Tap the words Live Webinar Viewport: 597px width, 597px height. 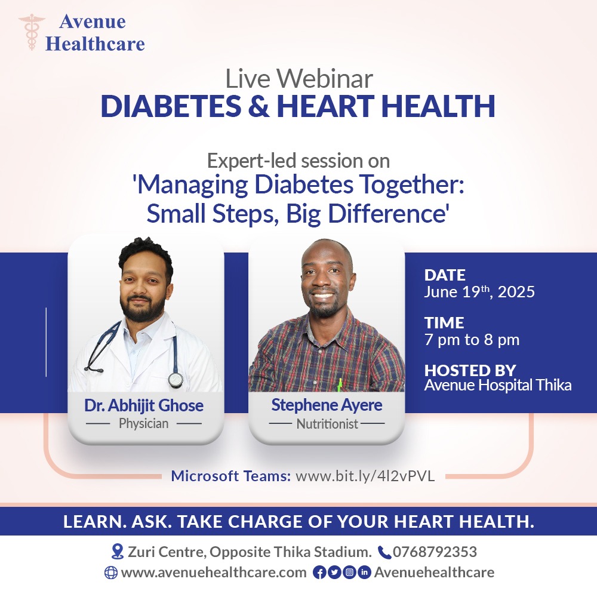(x=298, y=80)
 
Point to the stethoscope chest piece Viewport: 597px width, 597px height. (x=175, y=380)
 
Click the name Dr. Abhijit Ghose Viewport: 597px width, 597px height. (x=144, y=406)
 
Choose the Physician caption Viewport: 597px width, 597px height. (x=144, y=424)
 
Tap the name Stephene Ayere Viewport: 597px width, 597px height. (x=327, y=405)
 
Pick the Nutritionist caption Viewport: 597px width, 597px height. (x=327, y=424)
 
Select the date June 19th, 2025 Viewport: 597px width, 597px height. (x=479, y=293)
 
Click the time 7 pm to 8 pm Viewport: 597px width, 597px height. (x=472, y=340)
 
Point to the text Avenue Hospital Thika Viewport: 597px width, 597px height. (x=498, y=385)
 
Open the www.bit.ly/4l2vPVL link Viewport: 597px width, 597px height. (x=365, y=476)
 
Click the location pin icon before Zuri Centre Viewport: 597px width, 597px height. (x=117, y=552)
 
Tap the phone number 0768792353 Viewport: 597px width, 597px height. (x=435, y=552)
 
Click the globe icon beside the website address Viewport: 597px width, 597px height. (x=110, y=573)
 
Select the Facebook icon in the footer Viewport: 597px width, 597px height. (x=319, y=573)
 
